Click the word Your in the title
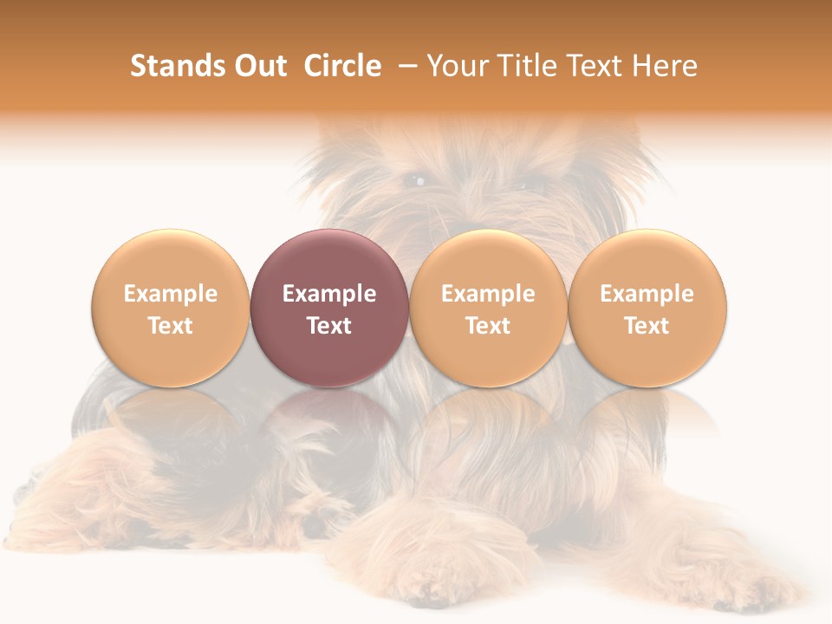click(455, 66)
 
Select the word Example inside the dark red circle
click(329, 294)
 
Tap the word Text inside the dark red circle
click(329, 326)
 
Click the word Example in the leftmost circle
click(170, 294)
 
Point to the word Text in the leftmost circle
click(170, 326)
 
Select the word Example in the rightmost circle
click(647, 294)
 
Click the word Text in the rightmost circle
click(647, 326)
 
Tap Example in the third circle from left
click(488, 294)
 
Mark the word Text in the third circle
click(488, 326)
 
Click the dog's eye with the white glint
click(417, 181)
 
